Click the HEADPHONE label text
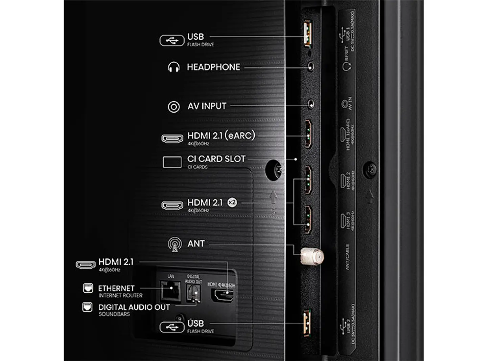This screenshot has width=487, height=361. (x=213, y=67)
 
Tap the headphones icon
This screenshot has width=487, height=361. (x=174, y=67)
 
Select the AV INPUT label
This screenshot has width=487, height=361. (x=207, y=106)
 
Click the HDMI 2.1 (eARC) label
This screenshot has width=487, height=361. (x=221, y=135)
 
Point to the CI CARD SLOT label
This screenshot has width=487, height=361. (x=216, y=159)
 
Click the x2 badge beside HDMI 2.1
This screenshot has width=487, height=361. (x=232, y=203)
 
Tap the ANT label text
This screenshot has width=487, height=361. (x=196, y=243)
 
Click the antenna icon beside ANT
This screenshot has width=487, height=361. (x=175, y=244)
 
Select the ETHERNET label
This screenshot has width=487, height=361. (x=116, y=288)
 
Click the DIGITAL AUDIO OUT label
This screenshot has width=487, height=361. (x=134, y=307)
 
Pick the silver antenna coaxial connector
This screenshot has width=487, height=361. (x=312, y=256)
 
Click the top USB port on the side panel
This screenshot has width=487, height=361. (x=308, y=33)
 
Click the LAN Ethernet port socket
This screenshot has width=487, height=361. (x=170, y=291)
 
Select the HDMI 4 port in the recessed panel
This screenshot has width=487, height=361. (x=222, y=295)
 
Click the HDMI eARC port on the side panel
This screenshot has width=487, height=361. (x=308, y=134)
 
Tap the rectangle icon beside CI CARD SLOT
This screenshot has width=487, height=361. (x=172, y=162)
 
